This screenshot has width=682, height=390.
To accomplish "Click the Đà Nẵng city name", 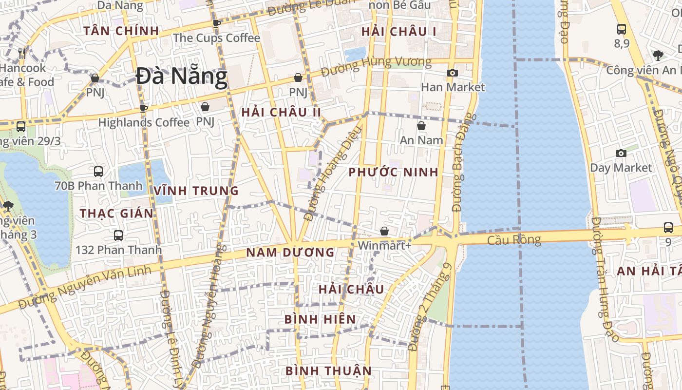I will click(182, 77).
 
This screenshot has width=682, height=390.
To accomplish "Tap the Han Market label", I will click(453, 87).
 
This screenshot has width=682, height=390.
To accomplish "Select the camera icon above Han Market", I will click(453, 73).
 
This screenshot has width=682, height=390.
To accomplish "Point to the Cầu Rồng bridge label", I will click(514, 240).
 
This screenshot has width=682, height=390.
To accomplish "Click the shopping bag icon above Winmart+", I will click(384, 231).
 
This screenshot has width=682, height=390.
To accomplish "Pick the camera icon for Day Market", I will click(621, 154).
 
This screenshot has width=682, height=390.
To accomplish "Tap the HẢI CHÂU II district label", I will click(281, 113).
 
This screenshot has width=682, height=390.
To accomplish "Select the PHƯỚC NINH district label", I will click(394, 172).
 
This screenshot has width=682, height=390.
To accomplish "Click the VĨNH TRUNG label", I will click(196, 191).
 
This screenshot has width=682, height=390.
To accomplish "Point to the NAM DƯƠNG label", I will click(290, 253).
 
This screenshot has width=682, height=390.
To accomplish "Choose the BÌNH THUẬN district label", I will click(328, 370).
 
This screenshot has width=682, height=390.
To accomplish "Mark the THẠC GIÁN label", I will click(117, 214).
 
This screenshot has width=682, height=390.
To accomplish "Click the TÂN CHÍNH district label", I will click(121, 31).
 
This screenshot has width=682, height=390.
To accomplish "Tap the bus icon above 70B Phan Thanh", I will click(98, 172).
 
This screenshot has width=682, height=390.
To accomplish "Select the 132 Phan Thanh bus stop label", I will click(118, 250).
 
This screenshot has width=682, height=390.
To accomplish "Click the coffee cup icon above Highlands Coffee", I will click(143, 108).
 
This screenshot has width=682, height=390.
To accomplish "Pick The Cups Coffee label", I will click(217, 38).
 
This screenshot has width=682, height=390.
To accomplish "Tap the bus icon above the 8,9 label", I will click(622, 29).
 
